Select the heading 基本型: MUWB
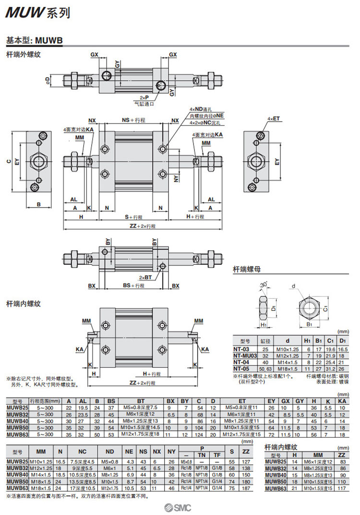coord(34,40)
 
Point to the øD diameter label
coord(47,79)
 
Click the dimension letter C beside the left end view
coord(9,162)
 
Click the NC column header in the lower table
coord(82,452)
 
